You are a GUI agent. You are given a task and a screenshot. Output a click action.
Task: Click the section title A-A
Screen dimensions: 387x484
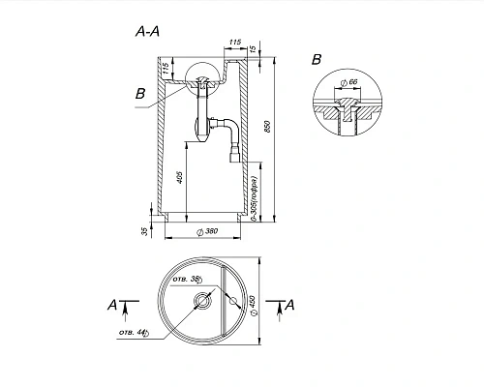pos(149,31)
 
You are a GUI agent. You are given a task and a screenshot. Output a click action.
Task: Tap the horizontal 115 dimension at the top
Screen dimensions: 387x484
pos(235,43)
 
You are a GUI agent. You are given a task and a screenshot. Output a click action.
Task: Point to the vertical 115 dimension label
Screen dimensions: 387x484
pos(166,71)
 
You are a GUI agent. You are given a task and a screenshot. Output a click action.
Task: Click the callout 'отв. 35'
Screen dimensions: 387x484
pos(186,280)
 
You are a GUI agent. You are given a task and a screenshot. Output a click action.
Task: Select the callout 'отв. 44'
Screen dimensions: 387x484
pos(133,333)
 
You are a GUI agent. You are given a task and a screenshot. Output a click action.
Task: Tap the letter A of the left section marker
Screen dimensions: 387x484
pos(112,306)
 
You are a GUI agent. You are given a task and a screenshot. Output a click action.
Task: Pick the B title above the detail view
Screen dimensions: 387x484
pos(316,60)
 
